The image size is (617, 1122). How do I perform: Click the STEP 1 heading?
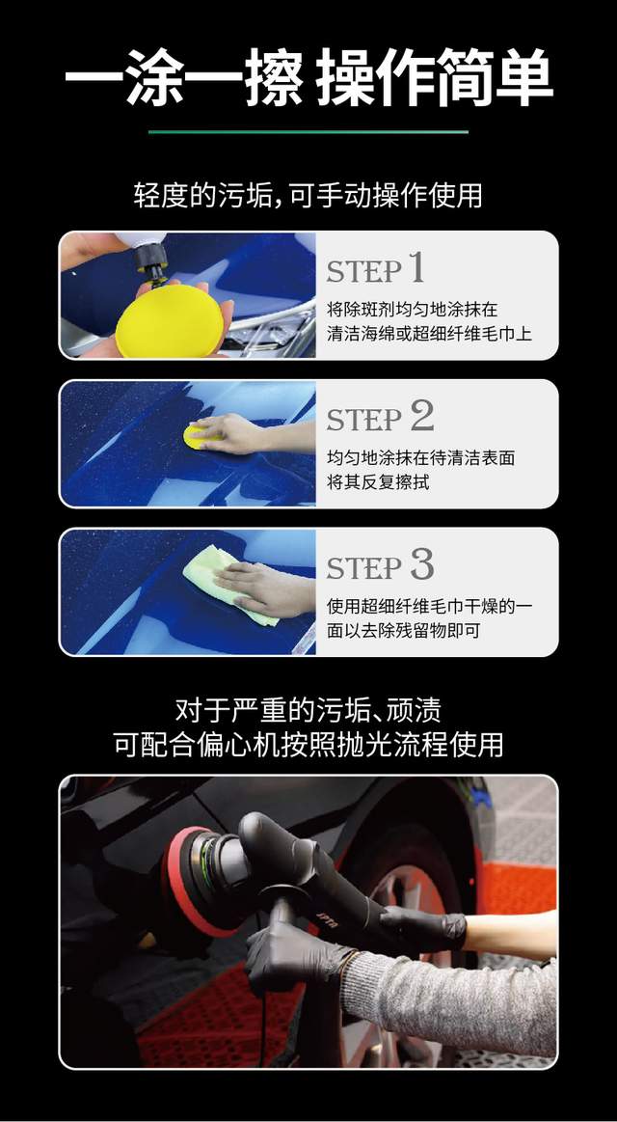[x=376, y=269]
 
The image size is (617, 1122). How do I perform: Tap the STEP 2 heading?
[x=381, y=417]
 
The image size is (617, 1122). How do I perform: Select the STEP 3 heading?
[x=381, y=565]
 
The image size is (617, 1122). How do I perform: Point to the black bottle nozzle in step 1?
[x=151, y=260]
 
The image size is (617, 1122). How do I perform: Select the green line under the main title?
[x=308, y=131]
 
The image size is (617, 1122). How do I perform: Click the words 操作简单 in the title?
[x=435, y=77]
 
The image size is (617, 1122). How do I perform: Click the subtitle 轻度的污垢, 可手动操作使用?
[x=308, y=195]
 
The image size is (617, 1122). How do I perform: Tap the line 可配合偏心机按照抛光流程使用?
[x=308, y=744]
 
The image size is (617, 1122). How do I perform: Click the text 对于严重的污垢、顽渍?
[x=308, y=710]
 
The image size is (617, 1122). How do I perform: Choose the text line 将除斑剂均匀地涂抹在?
[x=413, y=310]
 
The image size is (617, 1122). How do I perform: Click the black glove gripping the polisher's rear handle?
[x=422, y=927]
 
